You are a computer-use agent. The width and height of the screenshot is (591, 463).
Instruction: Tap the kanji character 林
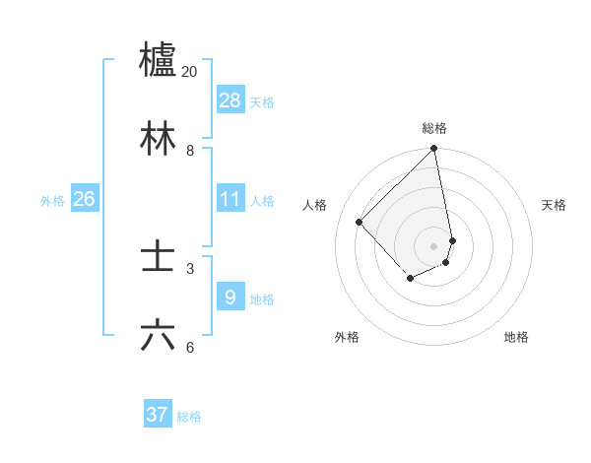click(x=158, y=138)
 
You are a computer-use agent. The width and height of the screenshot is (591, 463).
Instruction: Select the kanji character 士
click(x=158, y=257)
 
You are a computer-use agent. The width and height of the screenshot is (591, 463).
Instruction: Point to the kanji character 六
click(x=158, y=336)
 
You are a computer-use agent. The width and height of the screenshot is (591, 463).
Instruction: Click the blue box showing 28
click(x=230, y=100)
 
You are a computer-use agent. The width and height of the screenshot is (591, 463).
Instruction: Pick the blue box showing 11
click(x=230, y=199)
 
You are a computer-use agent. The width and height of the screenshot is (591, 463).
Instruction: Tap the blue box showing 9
click(x=230, y=297)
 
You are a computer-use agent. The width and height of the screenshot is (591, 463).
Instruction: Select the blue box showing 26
click(x=84, y=199)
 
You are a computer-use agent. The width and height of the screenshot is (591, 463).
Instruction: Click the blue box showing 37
click(x=158, y=415)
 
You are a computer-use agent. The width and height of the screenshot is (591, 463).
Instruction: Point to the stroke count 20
click(x=190, y=72)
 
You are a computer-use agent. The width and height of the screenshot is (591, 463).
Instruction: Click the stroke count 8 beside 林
click(x=190, y=151)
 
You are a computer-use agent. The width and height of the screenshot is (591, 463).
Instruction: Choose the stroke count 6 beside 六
click(x=190, y=348)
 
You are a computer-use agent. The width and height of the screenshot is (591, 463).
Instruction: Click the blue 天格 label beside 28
click(x=262, y=102)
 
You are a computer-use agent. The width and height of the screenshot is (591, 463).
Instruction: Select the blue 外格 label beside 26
click(x=52, y=201)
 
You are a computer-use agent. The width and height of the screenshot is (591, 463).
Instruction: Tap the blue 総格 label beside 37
click(x=189, y=417)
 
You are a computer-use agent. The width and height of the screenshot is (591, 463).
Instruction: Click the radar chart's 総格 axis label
click(x=434, y=128)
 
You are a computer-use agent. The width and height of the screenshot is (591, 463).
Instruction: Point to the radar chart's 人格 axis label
click(x=315, y=205)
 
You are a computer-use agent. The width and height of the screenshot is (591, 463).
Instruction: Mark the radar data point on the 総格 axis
click(x=433, y=150)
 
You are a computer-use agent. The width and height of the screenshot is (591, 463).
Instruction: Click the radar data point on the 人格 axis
click(x=360, y=223)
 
